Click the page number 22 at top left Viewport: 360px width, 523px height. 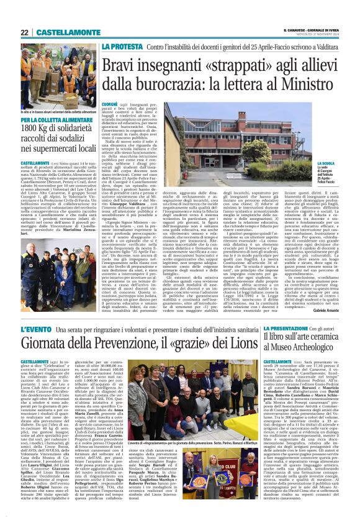25,32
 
